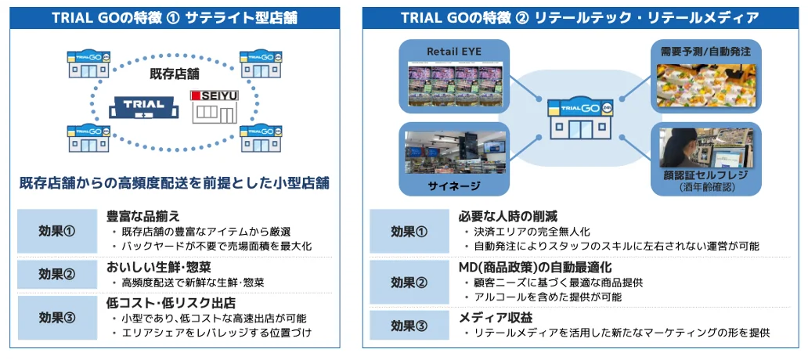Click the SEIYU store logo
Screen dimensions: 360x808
click(212, 96)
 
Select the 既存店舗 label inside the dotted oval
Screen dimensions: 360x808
click(174, 74)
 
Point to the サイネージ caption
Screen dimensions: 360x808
click(454, 185)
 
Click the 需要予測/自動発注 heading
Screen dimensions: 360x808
click(705, 51)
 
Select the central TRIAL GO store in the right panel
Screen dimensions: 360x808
click(580, 121)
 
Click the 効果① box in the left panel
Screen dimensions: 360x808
click(57, 231)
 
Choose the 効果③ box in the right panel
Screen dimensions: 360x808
click(409, 324)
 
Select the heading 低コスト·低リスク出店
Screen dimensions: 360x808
click(171, 302)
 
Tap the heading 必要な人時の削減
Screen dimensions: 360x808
click(508, 216)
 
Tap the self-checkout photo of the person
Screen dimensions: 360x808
click(705, 148)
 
